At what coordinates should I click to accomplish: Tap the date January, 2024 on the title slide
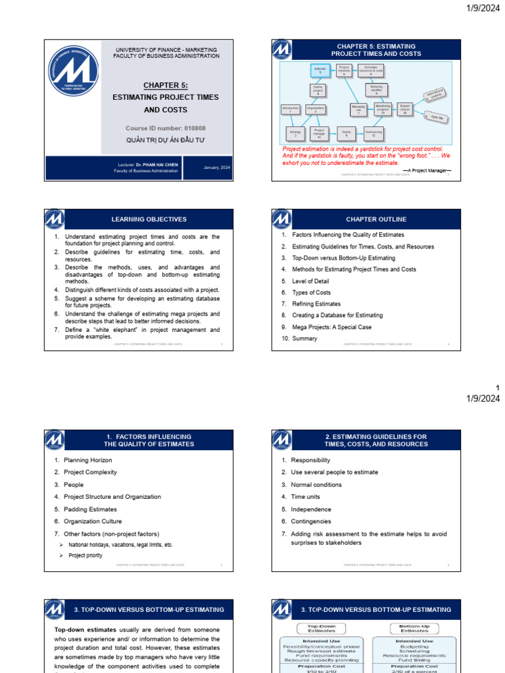coord(216,168)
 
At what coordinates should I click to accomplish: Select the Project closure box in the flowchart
coord(405,108)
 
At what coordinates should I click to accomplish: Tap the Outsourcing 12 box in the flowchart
coord(373,134)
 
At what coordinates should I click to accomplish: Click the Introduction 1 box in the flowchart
coord(290,109)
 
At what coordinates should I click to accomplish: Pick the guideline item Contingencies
coord(311,521)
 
